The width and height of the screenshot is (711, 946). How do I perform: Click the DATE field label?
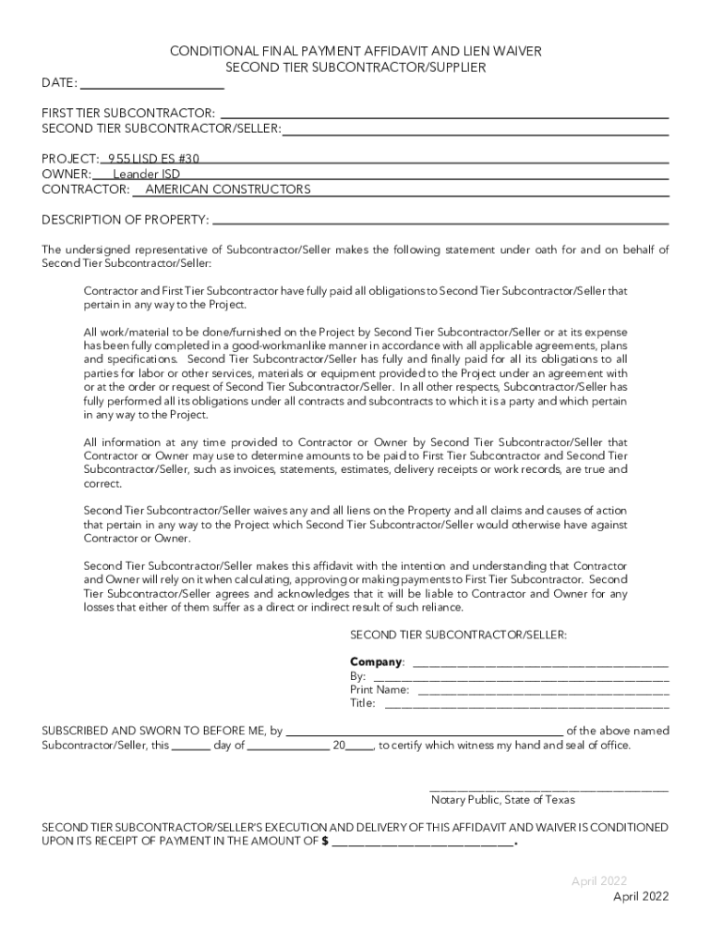(59, 83)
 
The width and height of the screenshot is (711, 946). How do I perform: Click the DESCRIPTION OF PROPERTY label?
(126, 220)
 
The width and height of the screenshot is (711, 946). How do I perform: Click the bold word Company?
(376, 662)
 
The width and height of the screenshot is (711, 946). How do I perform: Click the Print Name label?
(380, 689)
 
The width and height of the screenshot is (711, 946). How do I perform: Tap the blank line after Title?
(525, 707)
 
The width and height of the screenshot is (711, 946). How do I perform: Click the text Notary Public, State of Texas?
(502, 800)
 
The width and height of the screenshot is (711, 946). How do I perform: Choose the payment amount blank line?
(423, 844)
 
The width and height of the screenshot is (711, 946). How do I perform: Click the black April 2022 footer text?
(641, 896)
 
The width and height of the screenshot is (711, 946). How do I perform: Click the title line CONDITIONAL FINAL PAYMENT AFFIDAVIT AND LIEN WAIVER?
(355, 52)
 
